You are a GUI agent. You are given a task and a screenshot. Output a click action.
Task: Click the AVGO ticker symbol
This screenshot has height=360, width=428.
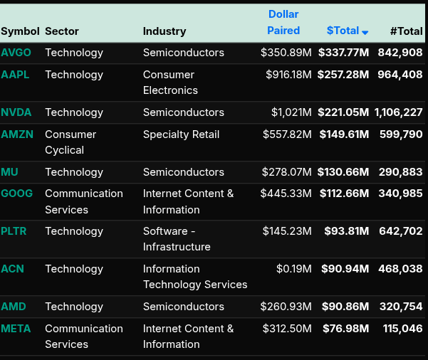[x=16, y=53]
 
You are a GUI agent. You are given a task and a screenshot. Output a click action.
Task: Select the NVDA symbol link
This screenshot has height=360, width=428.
[x=16, y=112]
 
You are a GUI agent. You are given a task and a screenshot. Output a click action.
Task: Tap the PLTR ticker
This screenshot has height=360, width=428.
[x=15, y=231]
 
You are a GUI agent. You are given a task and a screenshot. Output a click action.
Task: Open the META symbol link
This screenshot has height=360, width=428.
[x=16, y=329]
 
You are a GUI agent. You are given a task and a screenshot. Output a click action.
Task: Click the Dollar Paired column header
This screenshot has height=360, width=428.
[x=283, y=22]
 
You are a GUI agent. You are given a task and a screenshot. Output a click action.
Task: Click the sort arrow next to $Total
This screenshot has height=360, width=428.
[x=365, y=32]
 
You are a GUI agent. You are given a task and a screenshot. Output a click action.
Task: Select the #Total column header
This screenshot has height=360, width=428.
[x=406, y=31]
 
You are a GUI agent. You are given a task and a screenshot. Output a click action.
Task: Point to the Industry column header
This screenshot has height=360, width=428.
[x=165, y=31]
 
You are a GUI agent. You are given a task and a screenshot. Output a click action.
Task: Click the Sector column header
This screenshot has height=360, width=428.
[x=62, y=31]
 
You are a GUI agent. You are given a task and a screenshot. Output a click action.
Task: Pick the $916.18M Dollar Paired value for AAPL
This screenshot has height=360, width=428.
[x=288, y=75]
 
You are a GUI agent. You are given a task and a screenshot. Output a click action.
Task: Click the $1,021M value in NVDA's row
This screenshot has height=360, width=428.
[x=291, y=112]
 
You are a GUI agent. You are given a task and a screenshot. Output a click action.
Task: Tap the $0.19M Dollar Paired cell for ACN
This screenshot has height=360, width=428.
[x=294, y=269]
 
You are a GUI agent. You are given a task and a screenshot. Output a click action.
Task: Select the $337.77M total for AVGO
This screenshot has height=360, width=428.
[x=343, y=53]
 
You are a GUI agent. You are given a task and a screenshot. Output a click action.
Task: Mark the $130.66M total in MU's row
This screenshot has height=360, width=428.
[x=343, y=172]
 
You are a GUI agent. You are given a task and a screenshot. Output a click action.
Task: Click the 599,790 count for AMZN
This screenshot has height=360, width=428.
[x=401, y=134]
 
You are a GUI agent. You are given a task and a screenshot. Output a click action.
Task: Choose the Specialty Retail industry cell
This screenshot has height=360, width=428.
[x=181, y=134]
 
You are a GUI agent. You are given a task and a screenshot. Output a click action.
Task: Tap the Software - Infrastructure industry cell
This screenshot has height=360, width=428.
[x=177, y=239]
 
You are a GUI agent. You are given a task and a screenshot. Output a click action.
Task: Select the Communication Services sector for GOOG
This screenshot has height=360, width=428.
[x=83, y=201]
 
